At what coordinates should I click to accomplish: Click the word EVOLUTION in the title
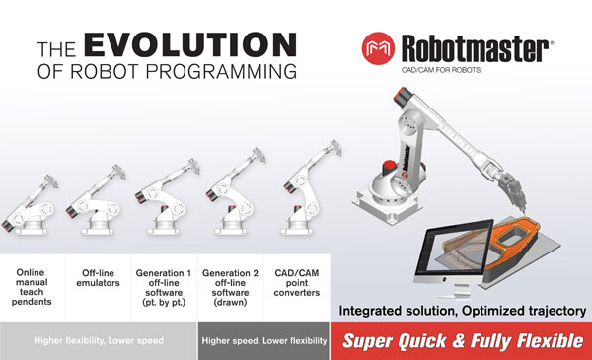point(189,46)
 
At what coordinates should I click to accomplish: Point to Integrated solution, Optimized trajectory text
point(462,312)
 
